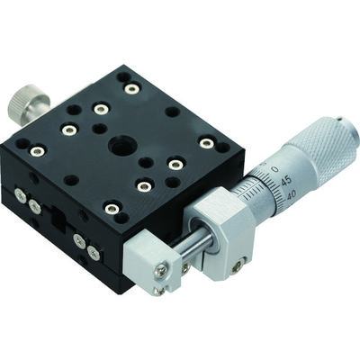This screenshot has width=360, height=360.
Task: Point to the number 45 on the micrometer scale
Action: [285, 179]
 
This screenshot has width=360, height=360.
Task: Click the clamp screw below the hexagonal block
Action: [238, 265]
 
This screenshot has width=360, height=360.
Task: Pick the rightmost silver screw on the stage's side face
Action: [94, 254]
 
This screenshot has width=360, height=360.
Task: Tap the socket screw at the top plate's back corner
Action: [132, 88]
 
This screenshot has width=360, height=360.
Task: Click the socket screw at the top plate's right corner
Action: [207, 143]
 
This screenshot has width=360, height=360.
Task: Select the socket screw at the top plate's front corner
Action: [111, 209]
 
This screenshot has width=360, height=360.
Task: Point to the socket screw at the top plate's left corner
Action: [37, 151]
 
